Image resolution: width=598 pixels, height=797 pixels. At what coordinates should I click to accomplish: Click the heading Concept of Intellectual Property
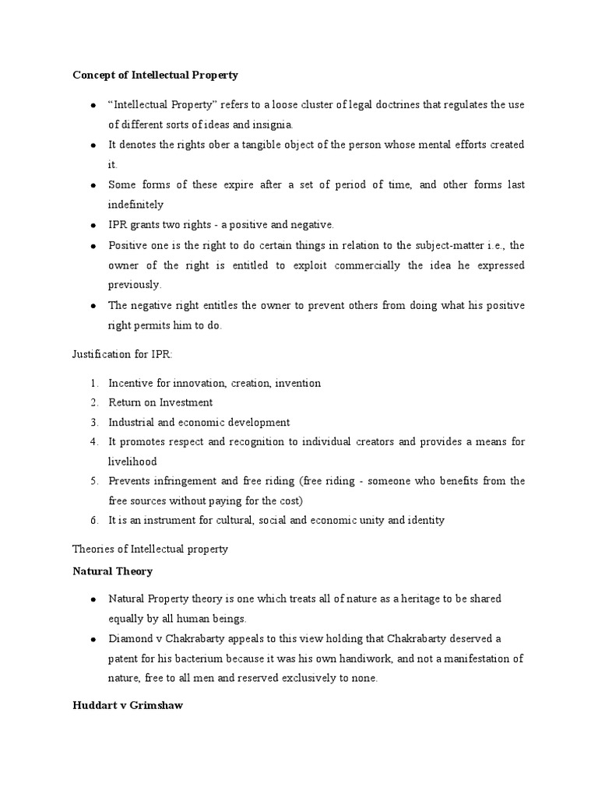click(x=155, y=75)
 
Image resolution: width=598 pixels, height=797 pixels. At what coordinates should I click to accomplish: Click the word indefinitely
click(x=135, y=205)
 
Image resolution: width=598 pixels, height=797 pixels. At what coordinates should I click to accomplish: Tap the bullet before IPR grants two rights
click(x=93, y=225)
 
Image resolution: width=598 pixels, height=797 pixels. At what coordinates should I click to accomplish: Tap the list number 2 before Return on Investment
click(x=93, y=402)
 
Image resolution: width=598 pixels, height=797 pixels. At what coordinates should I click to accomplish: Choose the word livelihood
click(x=132, y=462)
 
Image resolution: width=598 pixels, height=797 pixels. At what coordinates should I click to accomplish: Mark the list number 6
click(x=93, y=520)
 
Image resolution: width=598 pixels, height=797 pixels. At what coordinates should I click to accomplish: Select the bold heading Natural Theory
click(x=112, y=571)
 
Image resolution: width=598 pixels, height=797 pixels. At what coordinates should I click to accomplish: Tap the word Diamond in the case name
click(x=128, y=638)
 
